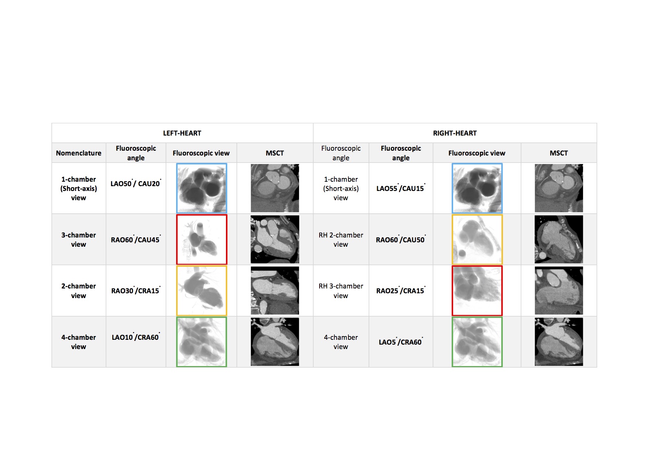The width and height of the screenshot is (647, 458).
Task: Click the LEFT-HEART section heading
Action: [182, 133]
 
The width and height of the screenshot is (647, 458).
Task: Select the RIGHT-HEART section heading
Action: [455, 133]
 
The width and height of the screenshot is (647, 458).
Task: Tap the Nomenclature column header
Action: [79, 153]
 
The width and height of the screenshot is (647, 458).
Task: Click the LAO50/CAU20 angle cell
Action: [136, 183]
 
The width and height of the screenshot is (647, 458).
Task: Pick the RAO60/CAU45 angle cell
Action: [136, 239]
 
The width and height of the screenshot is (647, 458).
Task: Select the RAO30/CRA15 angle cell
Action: [136, 290]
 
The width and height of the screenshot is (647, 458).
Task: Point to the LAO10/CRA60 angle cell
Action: [136, 337]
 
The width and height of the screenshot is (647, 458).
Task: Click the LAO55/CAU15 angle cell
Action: [401, 188]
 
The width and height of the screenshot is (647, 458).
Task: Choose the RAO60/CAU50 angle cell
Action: [401, 239]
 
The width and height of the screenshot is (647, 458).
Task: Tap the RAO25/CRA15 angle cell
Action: [401, 290]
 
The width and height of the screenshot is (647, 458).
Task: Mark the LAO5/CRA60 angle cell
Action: [401, 342]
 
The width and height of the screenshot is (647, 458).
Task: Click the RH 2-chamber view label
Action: [341, 239]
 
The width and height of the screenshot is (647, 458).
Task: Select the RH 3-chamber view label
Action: [341, 291]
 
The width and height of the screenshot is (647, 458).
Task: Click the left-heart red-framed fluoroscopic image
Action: [202, 239]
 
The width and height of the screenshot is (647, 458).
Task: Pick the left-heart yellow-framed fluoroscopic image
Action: [202, 291]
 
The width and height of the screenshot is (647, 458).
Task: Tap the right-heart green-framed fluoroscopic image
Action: [477, 342]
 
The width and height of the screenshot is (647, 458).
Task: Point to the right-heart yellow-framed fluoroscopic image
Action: [477, 239]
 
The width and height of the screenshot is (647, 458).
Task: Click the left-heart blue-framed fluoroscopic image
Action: [202, 188]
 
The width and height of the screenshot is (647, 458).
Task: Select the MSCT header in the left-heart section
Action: [275, 153]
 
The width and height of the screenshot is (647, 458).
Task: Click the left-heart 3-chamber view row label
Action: [79, 239]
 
